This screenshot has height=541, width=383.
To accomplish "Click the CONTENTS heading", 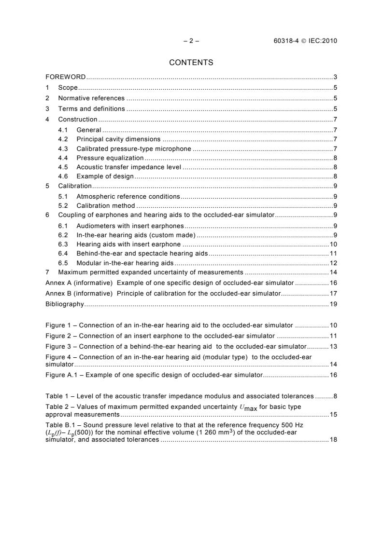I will click(191, 62).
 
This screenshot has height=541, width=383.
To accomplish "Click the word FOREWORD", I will click(66, 77).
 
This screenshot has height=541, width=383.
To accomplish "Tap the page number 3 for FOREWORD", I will click(335, 77).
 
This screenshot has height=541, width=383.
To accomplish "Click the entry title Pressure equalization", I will click(110, 158).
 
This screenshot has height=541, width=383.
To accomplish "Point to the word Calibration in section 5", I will click(75, 186).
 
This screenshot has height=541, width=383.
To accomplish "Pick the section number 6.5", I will click(63, 263).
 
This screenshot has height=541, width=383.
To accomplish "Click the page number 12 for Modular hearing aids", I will click(333, 263).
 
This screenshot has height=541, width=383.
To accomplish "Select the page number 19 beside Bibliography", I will click(333, 304).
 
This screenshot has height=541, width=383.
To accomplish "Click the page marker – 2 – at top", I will click(191, 41).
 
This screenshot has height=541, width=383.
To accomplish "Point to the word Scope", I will click(68, 88).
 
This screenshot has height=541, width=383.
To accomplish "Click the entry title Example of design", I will click(105, 176).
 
